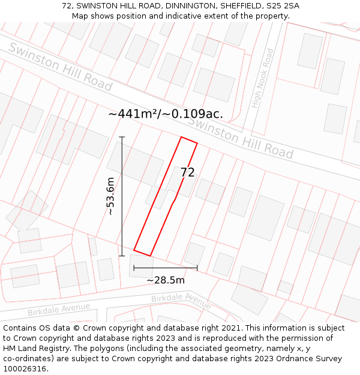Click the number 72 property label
(187, 173)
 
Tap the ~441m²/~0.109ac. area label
(166, 113)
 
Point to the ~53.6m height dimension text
(110, 196)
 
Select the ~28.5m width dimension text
(166, 280)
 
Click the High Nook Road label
(263, 79)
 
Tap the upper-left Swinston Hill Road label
(60, 67)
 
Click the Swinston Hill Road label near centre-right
(240, 137)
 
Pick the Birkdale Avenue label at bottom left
(58, 310)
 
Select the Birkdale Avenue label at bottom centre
(181, 300)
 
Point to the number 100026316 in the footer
(25, 369)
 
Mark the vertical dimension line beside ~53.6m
(122, 196)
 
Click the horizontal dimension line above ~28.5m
(166, 268)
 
